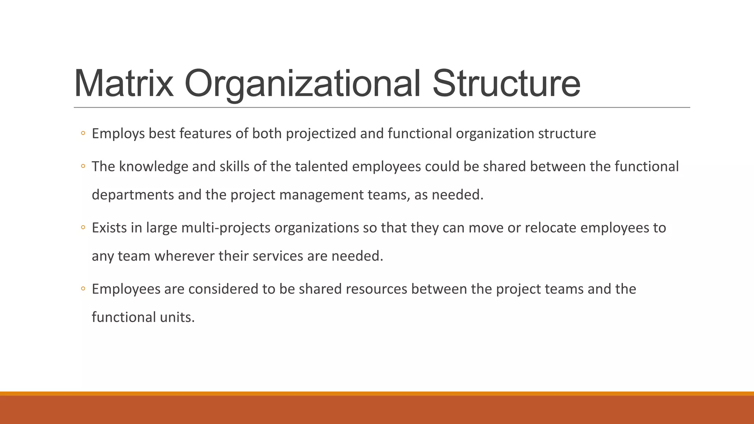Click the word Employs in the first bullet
(118, 134)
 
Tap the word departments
(133, 195)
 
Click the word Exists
(109, 228)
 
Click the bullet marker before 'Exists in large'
(83, 228)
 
